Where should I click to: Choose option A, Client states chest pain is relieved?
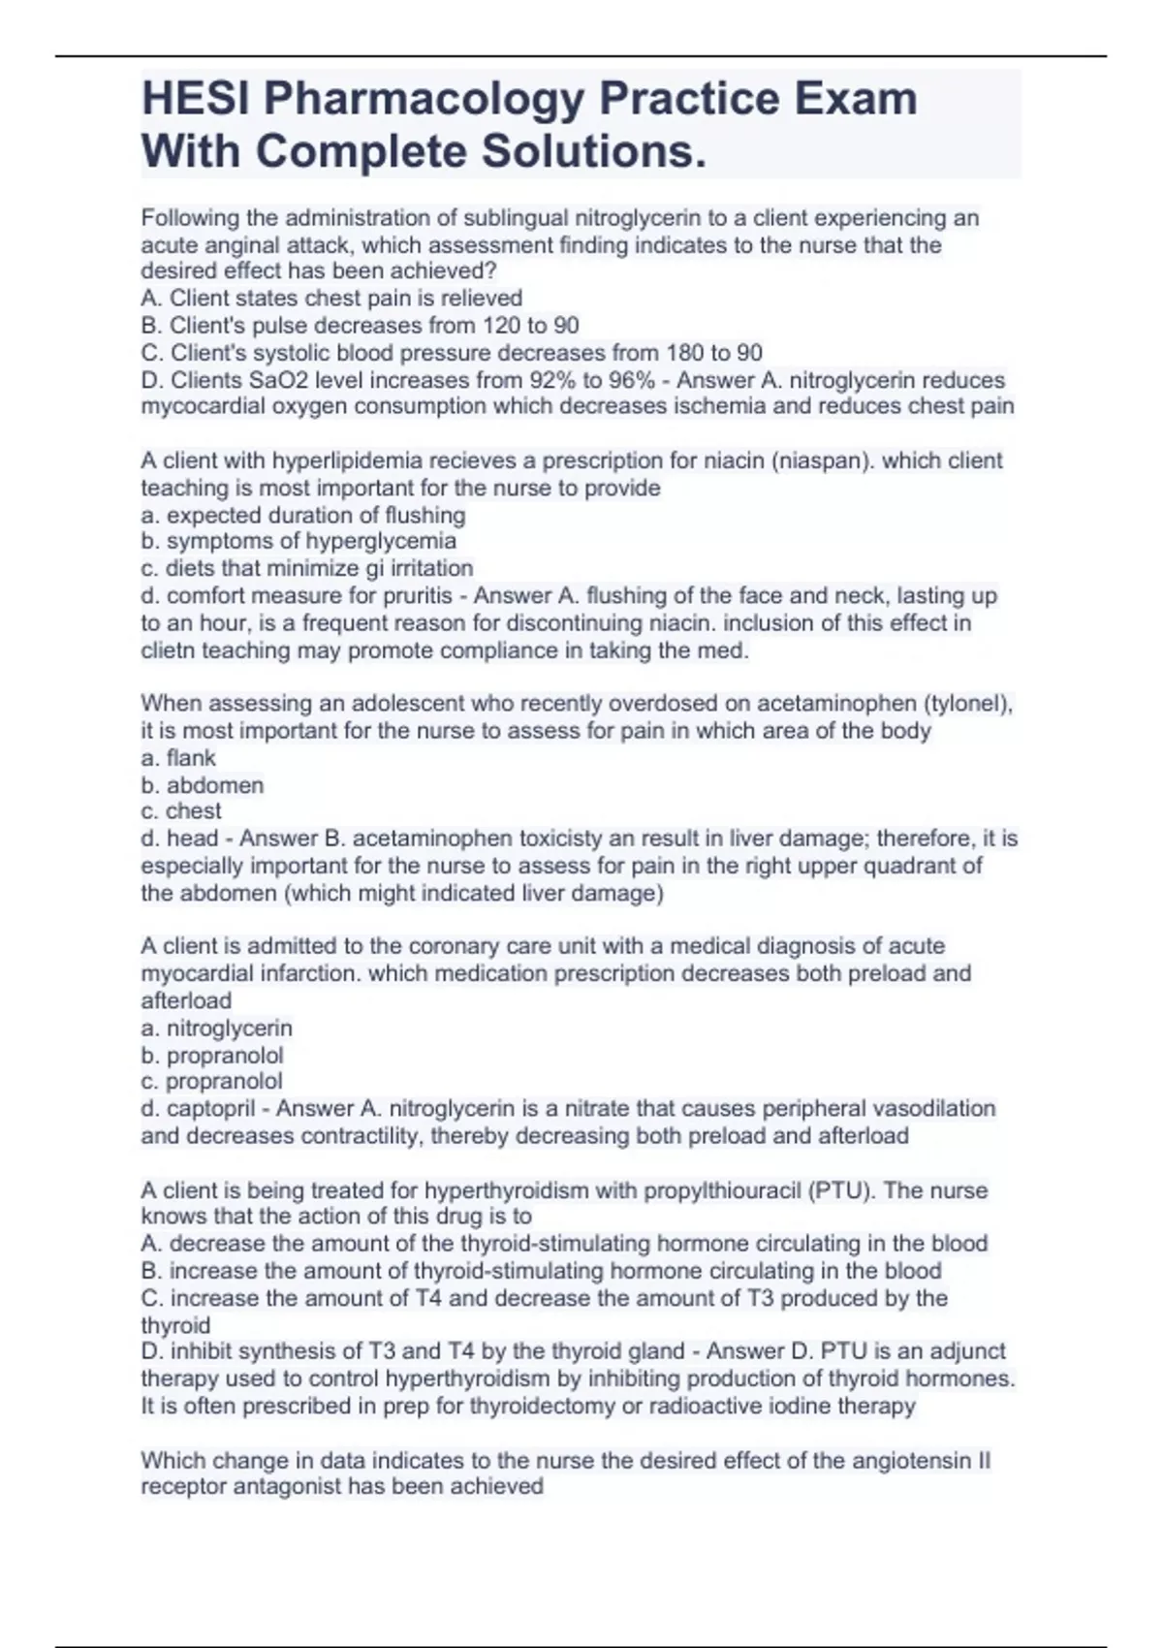click(x=331, y=299)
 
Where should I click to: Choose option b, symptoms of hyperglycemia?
click(x=299, y=541)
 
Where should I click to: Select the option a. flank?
click(x=178, y=758)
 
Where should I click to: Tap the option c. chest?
click(x=181, y=811)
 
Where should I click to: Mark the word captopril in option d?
click(x=210, y=1108)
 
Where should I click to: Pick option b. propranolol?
click(x=212, y=1055)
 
